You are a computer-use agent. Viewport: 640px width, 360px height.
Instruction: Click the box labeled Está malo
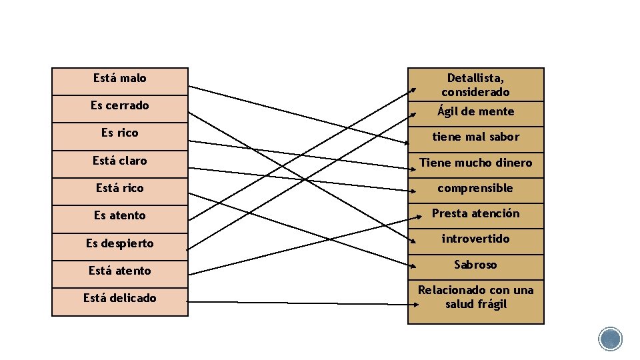pyautogui.click(x=120, y=79)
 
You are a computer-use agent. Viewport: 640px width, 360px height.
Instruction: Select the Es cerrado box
pyautogui.click(x=120, y=106)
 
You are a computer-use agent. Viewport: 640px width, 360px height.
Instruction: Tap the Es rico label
pyautogui.click(x=120, y=133)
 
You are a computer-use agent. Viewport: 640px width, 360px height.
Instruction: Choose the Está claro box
pyautogui.click(x=120, y=161)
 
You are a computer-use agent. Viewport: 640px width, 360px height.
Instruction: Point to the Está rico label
pyautogui.click(x=120, y=188)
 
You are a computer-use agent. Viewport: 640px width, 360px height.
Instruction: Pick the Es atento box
pyautogui.click(x=120, y=215)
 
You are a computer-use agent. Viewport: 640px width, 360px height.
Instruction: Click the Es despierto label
pyautogui.click(x=120, y=243)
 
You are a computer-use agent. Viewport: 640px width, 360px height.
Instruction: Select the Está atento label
pyautogui.click(x=120, y=271)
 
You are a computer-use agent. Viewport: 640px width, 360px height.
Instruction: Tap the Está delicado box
pyautogui.click(x=120, y=298)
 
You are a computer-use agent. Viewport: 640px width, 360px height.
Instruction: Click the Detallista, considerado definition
pyautogui.click(x=475, y=85)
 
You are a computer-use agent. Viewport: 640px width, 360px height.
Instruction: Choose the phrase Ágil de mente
pyautogui.click(x=475, y=111)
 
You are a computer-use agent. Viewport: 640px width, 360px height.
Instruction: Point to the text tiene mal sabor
pyautogui.click(x=475, y=137)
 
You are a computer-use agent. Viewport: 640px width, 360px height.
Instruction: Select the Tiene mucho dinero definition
pyautogui.click(x=475, y=163)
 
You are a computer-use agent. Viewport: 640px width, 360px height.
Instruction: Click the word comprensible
pyautogui.click(x=475, y=188)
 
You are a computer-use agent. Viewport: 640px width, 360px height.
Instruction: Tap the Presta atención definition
pyautogui.click(x=475, y=213)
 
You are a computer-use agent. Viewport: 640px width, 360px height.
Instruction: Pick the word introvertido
pyautogui.click(x=475, y=239)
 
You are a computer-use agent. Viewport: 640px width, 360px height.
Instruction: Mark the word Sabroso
pyautogui.click(x=475, y=265)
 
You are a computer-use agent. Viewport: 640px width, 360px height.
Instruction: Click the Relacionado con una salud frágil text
pyautogui.click(x=475, y=297)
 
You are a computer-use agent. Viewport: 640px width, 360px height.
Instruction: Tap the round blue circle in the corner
pyautogui.click(x=610, y=339)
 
